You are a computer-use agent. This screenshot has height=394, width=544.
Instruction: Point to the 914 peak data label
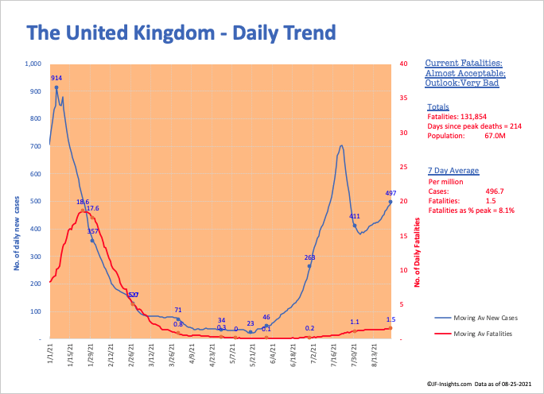[56, 78]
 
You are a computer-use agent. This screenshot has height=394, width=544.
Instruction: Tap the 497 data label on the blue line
[391, 193]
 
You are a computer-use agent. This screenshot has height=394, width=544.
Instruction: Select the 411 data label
[355, 216]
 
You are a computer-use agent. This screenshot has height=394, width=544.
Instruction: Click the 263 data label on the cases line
[310, 257]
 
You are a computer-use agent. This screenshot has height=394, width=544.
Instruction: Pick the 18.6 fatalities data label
[82, 203]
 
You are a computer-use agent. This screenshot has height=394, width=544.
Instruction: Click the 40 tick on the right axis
[404, 64]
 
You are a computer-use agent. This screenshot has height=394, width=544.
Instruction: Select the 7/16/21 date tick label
[332, 355]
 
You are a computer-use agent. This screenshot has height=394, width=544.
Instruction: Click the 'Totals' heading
[437, 106]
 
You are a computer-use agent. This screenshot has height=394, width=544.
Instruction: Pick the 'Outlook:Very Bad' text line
[460, 82]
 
